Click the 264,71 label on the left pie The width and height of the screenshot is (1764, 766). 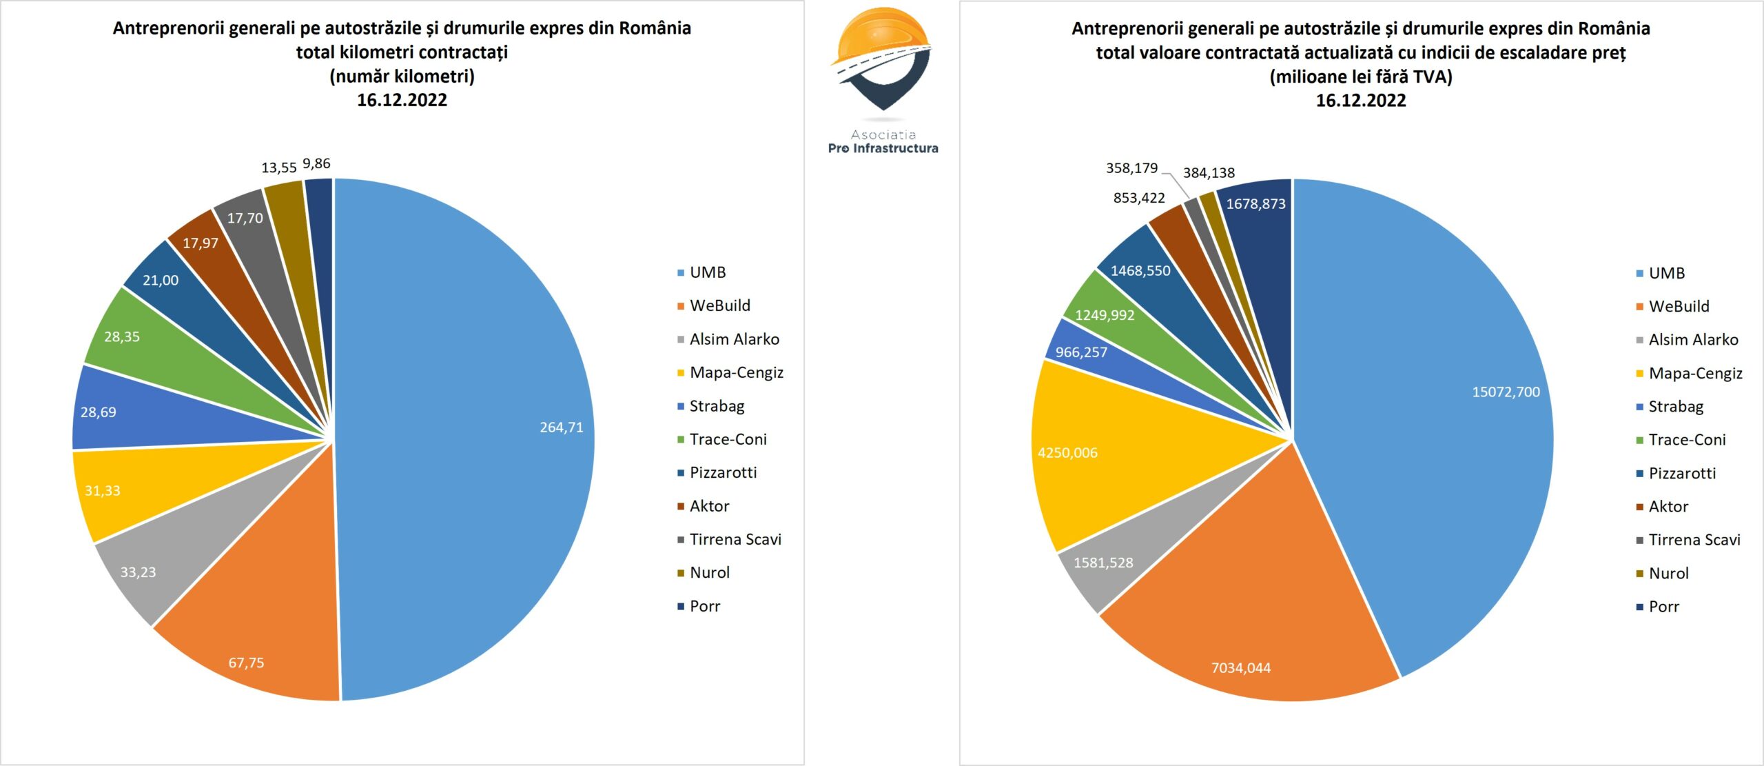click(561, 427)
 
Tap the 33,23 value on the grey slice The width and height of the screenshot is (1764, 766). click(138, 572)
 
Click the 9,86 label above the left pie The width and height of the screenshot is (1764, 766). click(316, 163)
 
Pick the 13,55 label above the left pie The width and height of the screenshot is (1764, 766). click(278, 168)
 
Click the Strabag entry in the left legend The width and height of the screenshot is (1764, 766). click(717, 406)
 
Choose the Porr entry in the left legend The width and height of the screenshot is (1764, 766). click(704, 606)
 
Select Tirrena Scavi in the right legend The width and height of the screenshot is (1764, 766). click(1694, 540)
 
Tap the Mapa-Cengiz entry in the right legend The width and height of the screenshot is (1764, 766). click(1695, 373)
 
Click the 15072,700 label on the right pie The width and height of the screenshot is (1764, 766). click(1506, 392)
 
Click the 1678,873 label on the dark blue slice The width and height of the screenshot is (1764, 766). click(1255, 203)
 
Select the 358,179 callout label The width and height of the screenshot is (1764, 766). click(1131, 168)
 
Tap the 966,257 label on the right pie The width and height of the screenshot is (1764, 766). click(1081, 352)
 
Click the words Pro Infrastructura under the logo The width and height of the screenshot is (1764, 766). click(883, 148)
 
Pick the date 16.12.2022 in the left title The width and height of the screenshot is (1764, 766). click(402, 101)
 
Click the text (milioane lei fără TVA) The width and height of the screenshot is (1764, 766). click(1361, 77)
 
